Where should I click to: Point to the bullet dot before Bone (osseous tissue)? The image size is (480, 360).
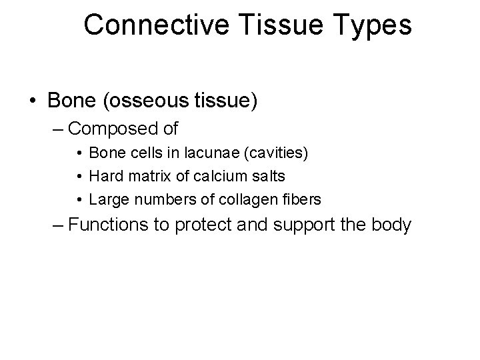click(x=32, y=101)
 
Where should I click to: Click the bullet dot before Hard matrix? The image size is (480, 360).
click(x=79, y=176)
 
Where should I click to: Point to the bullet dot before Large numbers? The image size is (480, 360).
click(x=79, y=199)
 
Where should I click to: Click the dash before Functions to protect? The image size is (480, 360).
click(x=59, y=225)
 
